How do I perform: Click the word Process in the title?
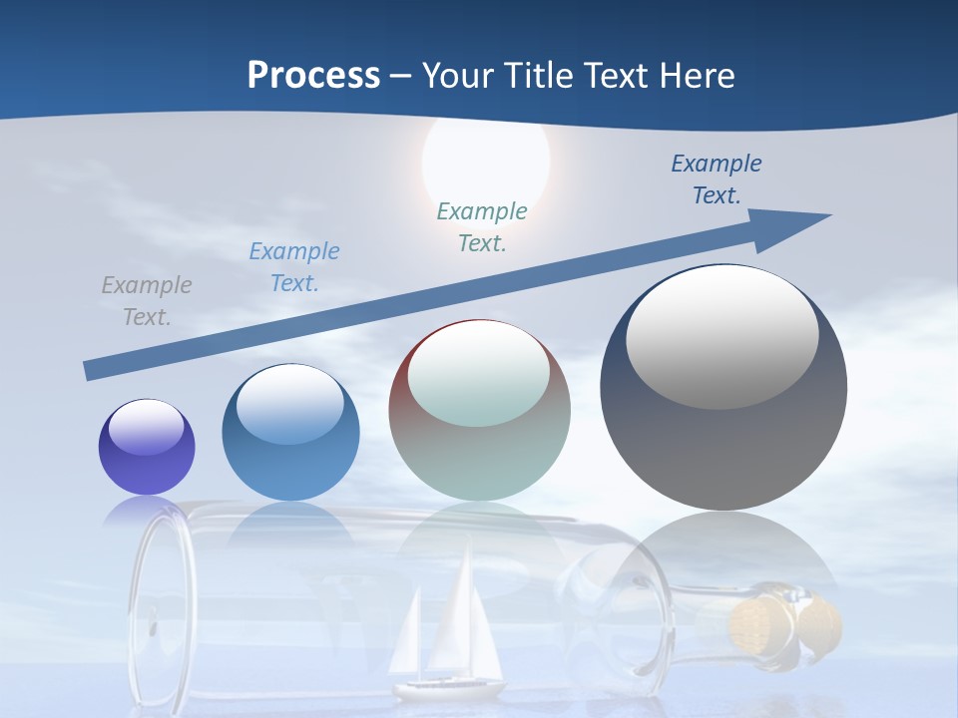[x=313, y=76]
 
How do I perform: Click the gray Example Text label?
[x=147, y=301]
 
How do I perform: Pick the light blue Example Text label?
[x=294, y=267]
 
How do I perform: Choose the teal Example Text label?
[x=482, y=227]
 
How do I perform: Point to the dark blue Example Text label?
[x=717, y=179]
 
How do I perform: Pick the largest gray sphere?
[x=723, y=419]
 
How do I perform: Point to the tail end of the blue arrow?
[x=92, y=370]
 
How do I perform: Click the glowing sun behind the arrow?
[x=486, y=160]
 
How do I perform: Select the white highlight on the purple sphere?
[x=147, y=428]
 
